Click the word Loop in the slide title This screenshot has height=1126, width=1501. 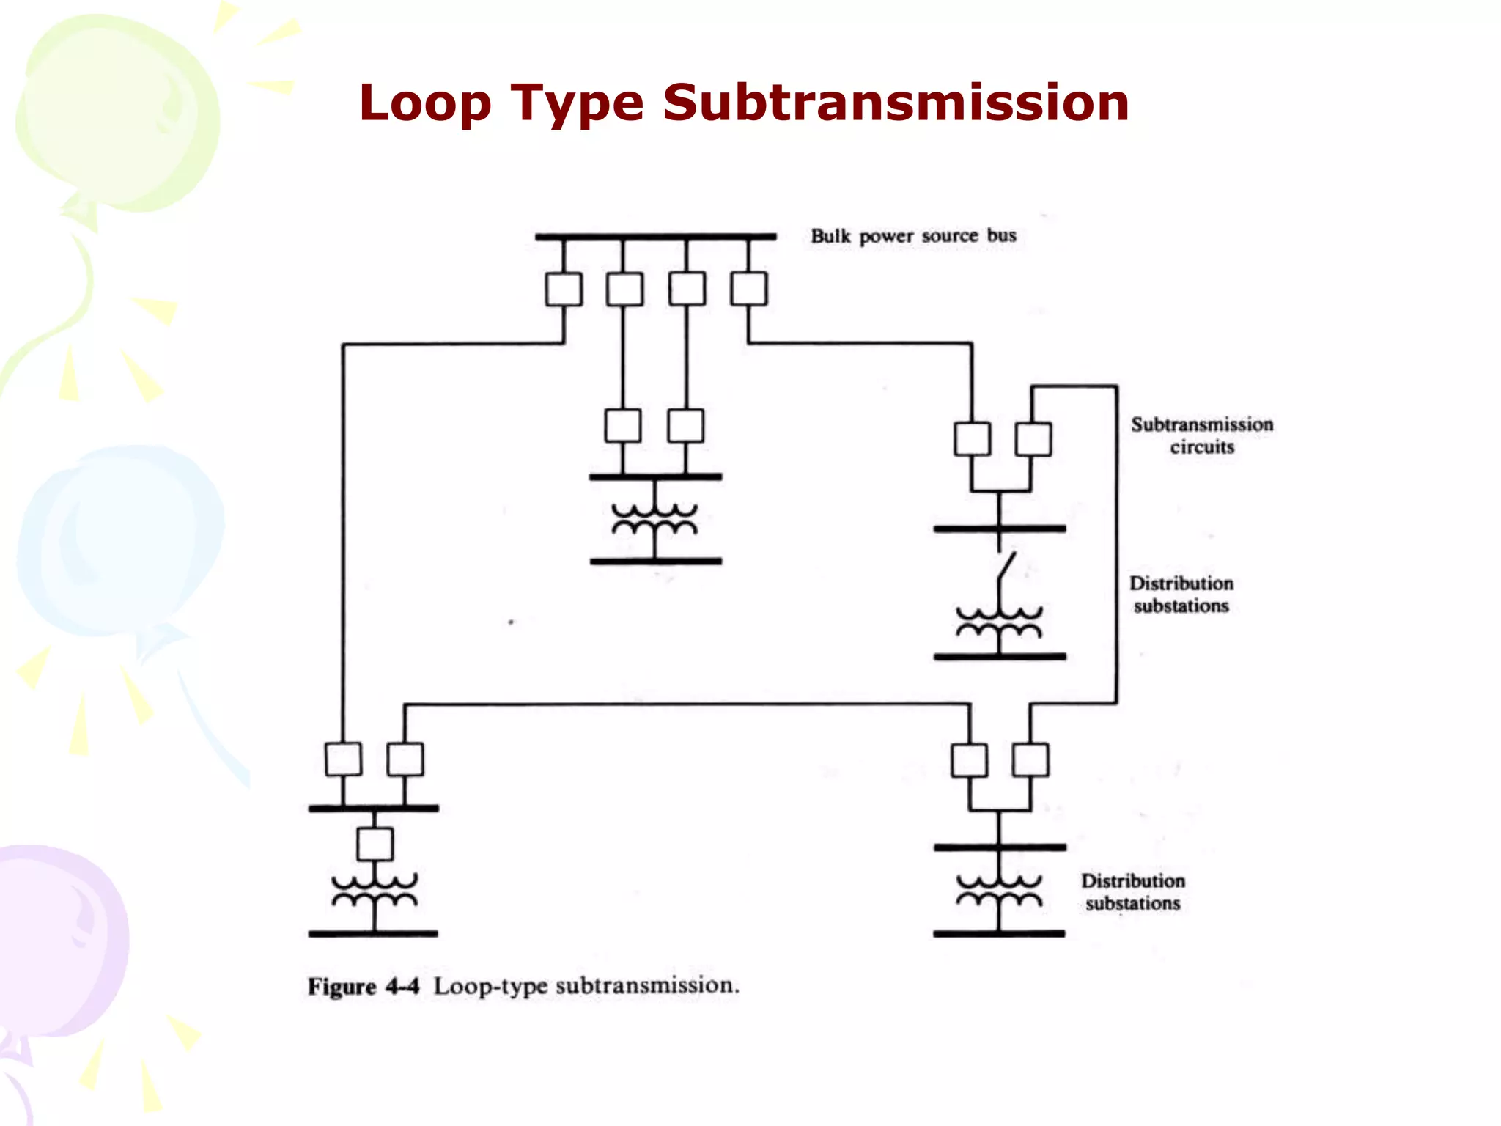[x=425, y=103]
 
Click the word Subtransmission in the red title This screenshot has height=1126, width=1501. [x=896, y=103]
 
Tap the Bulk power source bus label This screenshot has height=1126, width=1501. [x=913, y=236]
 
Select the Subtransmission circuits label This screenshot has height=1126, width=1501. [x=1201, y=435]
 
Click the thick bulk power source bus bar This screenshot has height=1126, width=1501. [x=655, y=237]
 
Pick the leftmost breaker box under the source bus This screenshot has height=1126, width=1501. [x=564, y=290]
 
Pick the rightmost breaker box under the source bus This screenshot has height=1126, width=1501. [x=749, y=289]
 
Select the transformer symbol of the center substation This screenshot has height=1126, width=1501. [x=654, y=520]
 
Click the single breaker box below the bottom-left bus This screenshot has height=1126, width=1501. [x=375, y=844]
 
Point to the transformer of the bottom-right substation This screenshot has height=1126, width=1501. [x=999, y=891]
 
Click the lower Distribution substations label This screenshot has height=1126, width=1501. [x=1132, y=892]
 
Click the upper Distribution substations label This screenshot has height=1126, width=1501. [x=1181, y=595]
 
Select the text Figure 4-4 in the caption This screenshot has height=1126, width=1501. [x=363, y=987]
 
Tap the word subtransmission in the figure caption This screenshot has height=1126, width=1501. [x=645, y=985]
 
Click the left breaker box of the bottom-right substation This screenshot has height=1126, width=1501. [x=969, y=760]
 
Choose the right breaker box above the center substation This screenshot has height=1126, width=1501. [x=686, y=426]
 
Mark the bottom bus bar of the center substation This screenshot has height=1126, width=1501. [x=655, y=562]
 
